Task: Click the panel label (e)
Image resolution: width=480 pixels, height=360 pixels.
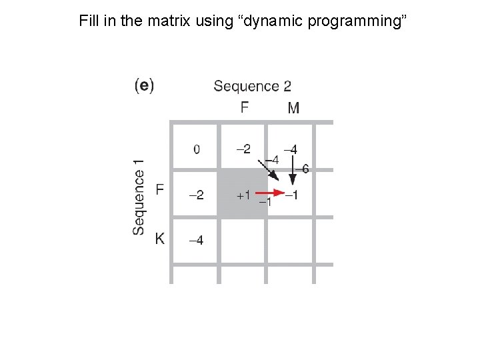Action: [x=144, y=86]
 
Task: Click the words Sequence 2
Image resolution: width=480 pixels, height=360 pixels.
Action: [x=252, y=86]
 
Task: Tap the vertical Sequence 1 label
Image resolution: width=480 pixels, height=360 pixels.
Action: [x=139, y=197]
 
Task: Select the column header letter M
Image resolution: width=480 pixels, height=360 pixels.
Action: [x=293, y=107]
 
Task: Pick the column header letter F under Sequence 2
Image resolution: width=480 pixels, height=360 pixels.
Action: [x=245, y=107]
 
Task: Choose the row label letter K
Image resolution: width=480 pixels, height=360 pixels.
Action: [x=160, y=239]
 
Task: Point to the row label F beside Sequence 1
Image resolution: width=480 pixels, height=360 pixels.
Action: [x=160, y=191]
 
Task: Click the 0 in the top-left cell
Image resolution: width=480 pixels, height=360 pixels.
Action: [x=196, y=149]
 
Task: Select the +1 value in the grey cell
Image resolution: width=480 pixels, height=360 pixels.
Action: [x=243, y=195]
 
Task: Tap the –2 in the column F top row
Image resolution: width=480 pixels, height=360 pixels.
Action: [x=243, y=148]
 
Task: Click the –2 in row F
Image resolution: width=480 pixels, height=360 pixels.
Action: [x=196, y=195]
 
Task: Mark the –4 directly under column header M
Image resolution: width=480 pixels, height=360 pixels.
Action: [x=291, y=148]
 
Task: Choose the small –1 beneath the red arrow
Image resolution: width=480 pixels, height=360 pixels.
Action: [x=265, y=203]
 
